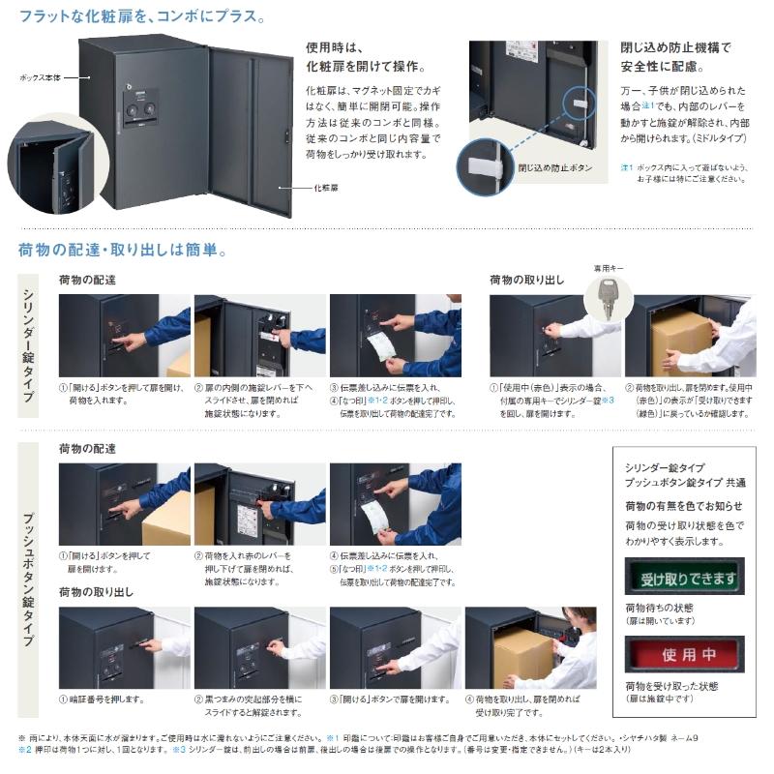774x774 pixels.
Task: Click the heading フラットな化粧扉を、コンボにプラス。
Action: pyautogui.click(x=142, y=16)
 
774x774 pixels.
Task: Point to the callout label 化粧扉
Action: pyautogui.click(x=324, y=187)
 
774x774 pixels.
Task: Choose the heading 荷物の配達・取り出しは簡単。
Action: pyautogui.click(x=123, y=250)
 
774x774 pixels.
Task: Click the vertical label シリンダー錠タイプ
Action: pyautogui.click(x=28, y=342)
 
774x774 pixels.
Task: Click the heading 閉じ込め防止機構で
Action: pyautogui.click(x=675, y=46)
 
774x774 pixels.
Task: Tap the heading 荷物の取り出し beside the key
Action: pyautogui.click(x=525, y=280)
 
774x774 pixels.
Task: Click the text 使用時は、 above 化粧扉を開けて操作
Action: pyautogui.click(x=333, y=46)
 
